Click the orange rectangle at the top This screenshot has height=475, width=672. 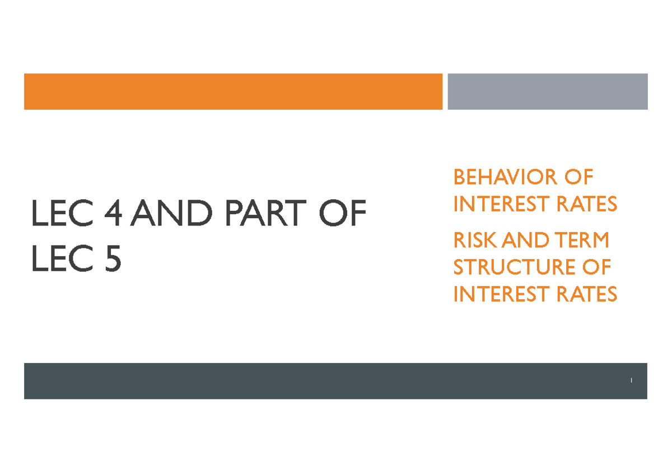point(233,91)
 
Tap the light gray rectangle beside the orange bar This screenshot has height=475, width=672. point(548,91)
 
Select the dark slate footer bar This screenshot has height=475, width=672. point(335,381)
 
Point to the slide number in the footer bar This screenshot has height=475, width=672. point(631,380)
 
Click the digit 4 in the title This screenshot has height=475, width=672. point(113,213)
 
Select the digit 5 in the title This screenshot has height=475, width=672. point(113,258)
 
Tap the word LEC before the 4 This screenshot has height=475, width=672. point(62,213)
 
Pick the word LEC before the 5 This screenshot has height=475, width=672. point(62,258)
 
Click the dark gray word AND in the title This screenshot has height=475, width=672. point(171,213)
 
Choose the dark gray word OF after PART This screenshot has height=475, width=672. point(343,213)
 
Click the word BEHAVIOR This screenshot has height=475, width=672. point(506,177)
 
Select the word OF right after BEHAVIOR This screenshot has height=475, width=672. point(579,177)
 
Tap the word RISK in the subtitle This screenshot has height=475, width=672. point(476,240)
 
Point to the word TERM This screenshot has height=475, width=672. point(582,240)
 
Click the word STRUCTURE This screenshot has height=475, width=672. point(514,267)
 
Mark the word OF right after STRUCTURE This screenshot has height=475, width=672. point(596,267)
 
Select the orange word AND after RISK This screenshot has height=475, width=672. point(526,240)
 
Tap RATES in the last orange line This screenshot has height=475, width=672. point(586,294)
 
